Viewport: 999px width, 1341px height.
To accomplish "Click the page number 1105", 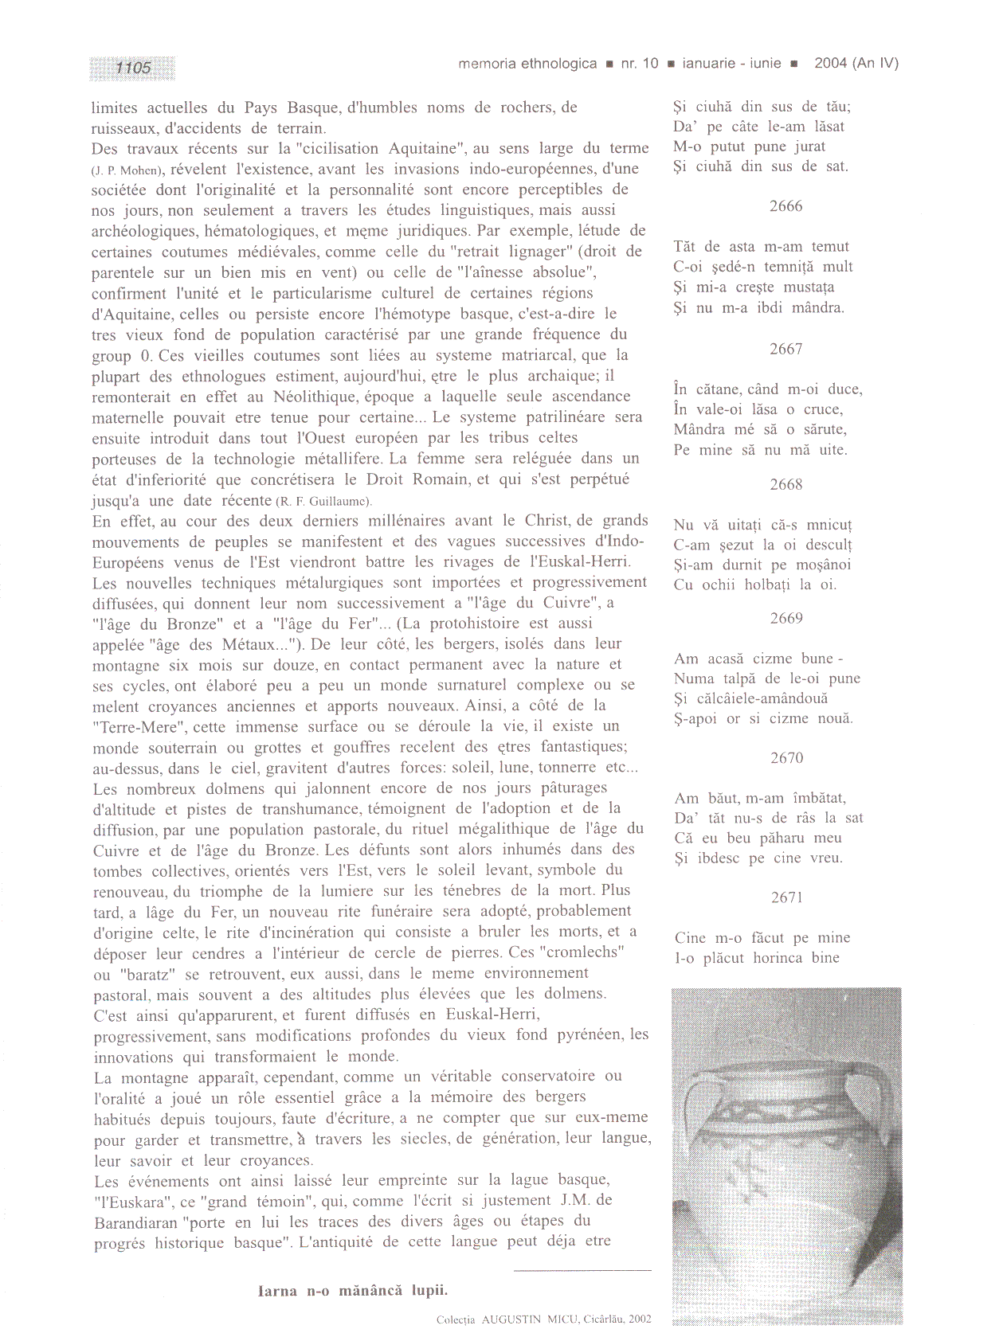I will (133, 68).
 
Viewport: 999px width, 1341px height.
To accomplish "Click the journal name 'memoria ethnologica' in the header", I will (527, 64).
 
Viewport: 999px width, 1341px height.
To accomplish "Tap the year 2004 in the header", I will (830, 64).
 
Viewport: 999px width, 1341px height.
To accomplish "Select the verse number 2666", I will (785, 206).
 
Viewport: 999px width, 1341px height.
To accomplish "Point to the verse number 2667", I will (785, 349).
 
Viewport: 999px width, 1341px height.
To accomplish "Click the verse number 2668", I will (785, 484).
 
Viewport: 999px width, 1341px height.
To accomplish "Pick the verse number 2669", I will (785, 619).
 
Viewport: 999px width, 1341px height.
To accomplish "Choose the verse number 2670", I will (786, 758).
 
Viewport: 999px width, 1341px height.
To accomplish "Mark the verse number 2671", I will (786, 897).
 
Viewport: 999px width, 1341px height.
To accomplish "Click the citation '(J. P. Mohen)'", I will (128, 170).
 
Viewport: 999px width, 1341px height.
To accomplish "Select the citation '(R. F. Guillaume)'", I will (323, 502).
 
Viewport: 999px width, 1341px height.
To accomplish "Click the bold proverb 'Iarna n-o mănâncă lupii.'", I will (352, 1291).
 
